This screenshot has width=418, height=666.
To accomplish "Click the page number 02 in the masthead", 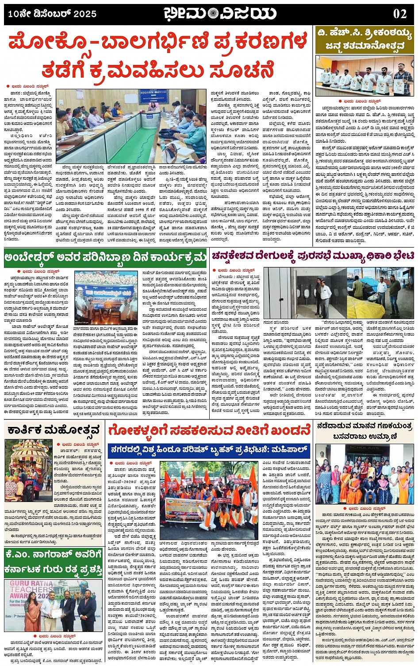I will (x=400, y=14).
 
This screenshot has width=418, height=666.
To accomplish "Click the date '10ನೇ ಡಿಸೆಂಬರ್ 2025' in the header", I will (x=52, y=14).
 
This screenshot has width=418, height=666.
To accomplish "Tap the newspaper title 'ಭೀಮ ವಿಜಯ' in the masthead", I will (x=220, y=13).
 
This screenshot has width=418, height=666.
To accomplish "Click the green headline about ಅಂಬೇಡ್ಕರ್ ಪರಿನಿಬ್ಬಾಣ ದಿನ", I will (x=105, y=256).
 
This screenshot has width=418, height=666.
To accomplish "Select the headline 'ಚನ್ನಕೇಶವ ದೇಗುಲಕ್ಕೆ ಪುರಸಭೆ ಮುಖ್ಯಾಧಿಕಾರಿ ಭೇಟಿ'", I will (x=313, y=255).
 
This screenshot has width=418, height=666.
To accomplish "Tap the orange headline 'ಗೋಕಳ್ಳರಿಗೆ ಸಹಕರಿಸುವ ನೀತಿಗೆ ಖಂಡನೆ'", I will (x=209, y=430).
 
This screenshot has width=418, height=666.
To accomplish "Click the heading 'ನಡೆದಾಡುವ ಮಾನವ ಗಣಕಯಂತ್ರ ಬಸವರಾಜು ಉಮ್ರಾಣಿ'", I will (x=364, y=431).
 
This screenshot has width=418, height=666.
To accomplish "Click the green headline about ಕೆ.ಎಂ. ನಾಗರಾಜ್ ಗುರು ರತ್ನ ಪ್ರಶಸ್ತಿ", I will (x=54, y=563).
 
